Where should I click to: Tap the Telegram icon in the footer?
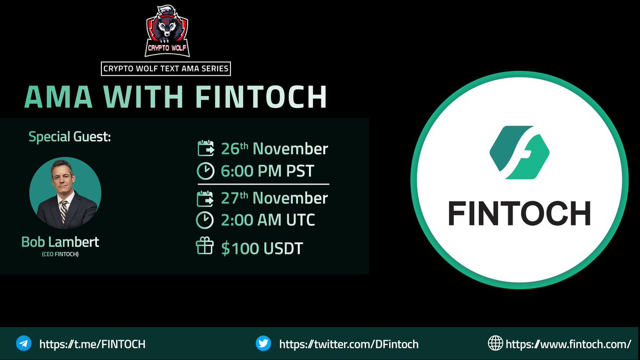pyautogui.click(x=23, y=343)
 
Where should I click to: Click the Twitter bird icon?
pyautogui.click(x=264, y=343)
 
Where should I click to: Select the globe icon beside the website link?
pyautogui.click(x=495, y=343)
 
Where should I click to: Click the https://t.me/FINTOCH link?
pyautogui.click(x=92, y=344)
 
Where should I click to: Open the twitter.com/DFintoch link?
pyautogui.click(x=349, y=344)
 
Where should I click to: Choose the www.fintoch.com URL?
pyautogui.click(x=568, y=344)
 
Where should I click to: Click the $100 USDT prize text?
pyautogui.click(x=262, y=249)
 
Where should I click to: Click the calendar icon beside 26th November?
pyautogui.click(x=205, y=148)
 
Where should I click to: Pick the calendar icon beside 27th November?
pyautogui.click(x=205, y=198)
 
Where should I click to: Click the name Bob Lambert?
pyautogui.click(x=60, y=242)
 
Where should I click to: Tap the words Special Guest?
pyautogui.click(x=70, y=137)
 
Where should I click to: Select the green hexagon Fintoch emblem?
pyautogui.click(x=519, y=153)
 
